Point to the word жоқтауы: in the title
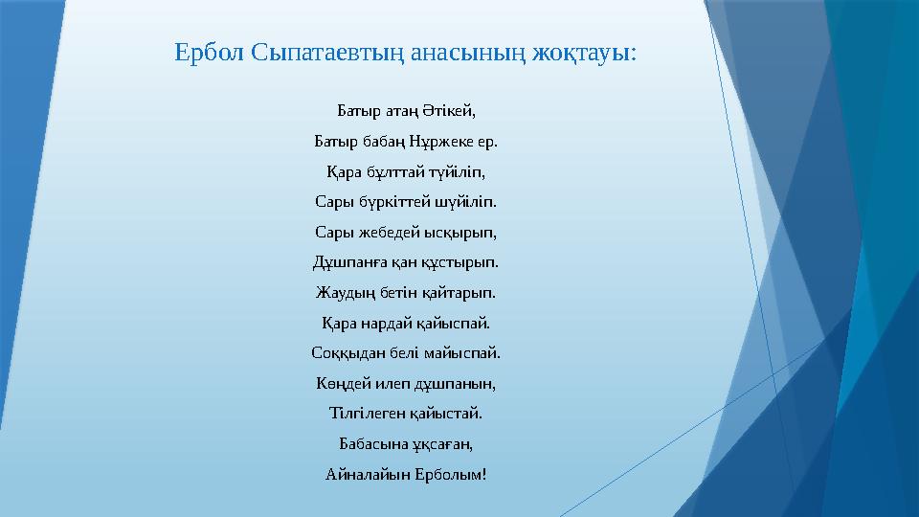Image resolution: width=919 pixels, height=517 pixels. pyautogui.click(x=587, y=52)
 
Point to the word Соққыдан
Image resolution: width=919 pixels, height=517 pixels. pyautogui.click(x=344, y=352)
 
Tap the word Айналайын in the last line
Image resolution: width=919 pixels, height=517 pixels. pyautogui.click(x=362, y=474)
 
